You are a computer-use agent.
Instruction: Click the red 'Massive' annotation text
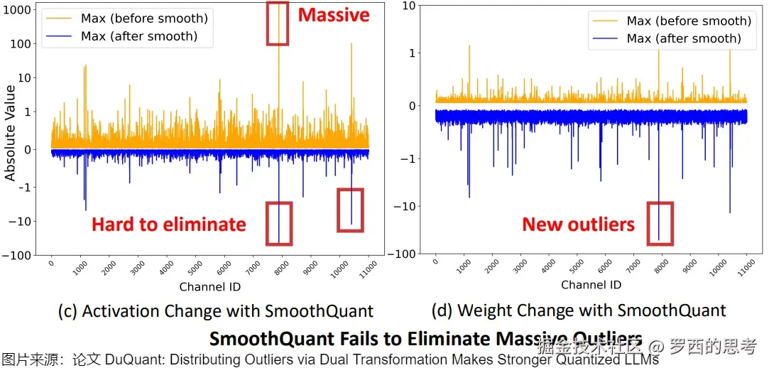point(334,15)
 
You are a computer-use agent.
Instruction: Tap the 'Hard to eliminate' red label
point(168,224)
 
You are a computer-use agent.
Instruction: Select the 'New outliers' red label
point(578,224)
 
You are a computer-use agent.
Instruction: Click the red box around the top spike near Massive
point(277,23)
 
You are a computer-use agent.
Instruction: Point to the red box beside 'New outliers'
point(660,223)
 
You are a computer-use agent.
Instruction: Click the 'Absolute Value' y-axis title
point(10,133)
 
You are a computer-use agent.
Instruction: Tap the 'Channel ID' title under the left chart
point(209,287)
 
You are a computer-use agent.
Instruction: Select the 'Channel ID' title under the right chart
point(591,285)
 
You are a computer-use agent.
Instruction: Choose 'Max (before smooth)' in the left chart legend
point(144,18)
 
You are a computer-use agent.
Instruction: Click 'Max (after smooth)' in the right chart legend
point(684,38)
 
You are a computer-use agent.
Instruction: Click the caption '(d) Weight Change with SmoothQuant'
point(579,310)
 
